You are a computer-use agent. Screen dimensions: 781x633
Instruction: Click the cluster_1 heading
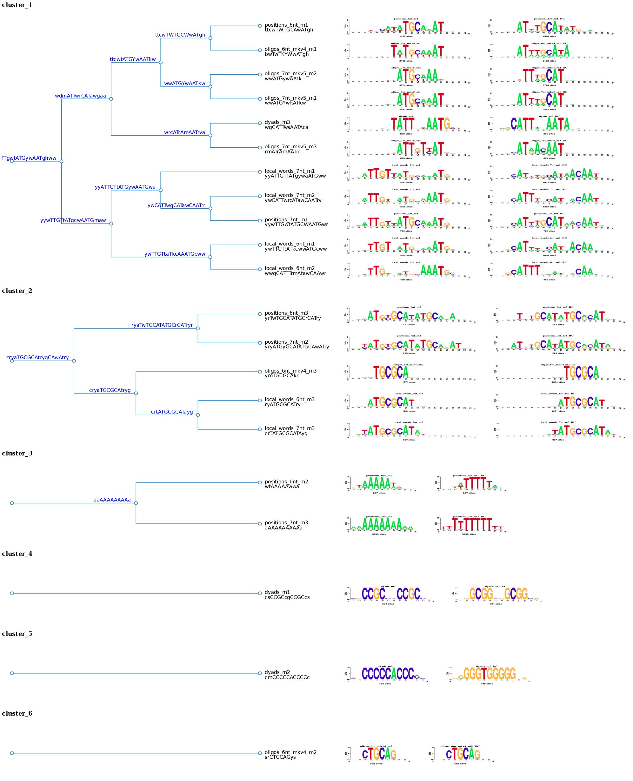coord(17,5)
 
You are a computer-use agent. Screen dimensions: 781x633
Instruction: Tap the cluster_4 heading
coord(17,554)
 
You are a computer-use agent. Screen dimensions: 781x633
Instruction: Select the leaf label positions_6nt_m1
coord(286,25)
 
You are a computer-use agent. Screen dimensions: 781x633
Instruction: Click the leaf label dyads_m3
coord(277,122)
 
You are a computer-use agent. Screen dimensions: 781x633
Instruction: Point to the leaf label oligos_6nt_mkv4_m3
coord(290,371)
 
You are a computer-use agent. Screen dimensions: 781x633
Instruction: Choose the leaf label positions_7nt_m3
coord(286,523)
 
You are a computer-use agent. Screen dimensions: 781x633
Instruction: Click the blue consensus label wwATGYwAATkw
coord(184,84)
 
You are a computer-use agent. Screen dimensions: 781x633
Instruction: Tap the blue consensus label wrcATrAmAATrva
coord(184,132)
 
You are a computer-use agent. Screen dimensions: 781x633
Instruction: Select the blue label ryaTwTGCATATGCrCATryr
coord(162,325)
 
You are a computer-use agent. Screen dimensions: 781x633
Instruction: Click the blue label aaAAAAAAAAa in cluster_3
coord(112,500)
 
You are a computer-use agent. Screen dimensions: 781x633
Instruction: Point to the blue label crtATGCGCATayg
coord(172,412)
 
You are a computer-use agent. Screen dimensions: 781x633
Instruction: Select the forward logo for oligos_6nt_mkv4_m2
coord(378,754)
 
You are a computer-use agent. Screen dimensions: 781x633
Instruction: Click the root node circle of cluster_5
coord(12,673)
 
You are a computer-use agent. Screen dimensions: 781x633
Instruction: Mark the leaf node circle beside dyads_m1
coord(260,594)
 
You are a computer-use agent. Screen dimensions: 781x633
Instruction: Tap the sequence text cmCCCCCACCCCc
coord(287,677)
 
